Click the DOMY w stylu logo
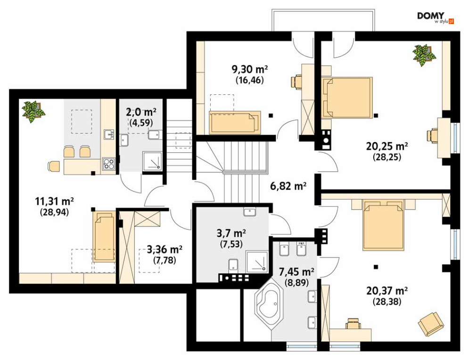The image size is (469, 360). coord(436,18)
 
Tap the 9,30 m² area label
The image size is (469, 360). coord(250,69)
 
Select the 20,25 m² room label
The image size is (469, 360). coord(387,146)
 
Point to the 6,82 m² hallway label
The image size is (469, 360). coord(288,186)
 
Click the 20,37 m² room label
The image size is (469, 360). coord(387,290)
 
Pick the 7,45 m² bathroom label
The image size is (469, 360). coord(296,272)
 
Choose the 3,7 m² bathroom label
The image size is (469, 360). coord(231,233)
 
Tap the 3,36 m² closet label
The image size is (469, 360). coord(165,249)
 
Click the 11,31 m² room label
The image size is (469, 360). coord(54,201)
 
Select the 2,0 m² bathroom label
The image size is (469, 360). coord(141,112)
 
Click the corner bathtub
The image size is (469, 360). coord(269,305)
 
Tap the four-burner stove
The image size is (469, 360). coord(108,164)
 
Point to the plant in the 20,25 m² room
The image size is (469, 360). coord(424,55)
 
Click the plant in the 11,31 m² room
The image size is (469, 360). coord(33,111)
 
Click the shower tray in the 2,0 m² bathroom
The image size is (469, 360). coord(152,161)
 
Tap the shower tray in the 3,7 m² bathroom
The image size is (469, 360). coord(256,261)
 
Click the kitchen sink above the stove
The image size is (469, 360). coord(109,134)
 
